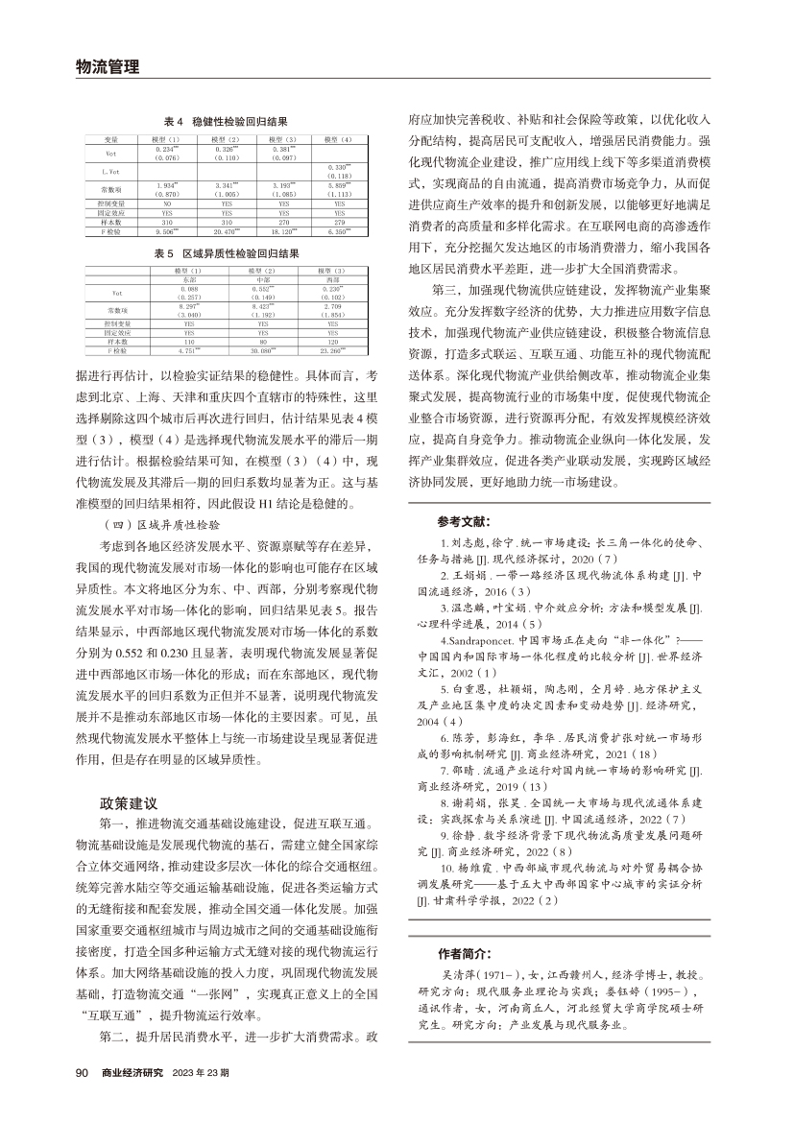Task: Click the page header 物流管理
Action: point(107,66)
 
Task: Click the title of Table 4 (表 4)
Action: point(226,123)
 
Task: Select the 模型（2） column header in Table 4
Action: point(229,140)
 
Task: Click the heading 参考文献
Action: point(463,522)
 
